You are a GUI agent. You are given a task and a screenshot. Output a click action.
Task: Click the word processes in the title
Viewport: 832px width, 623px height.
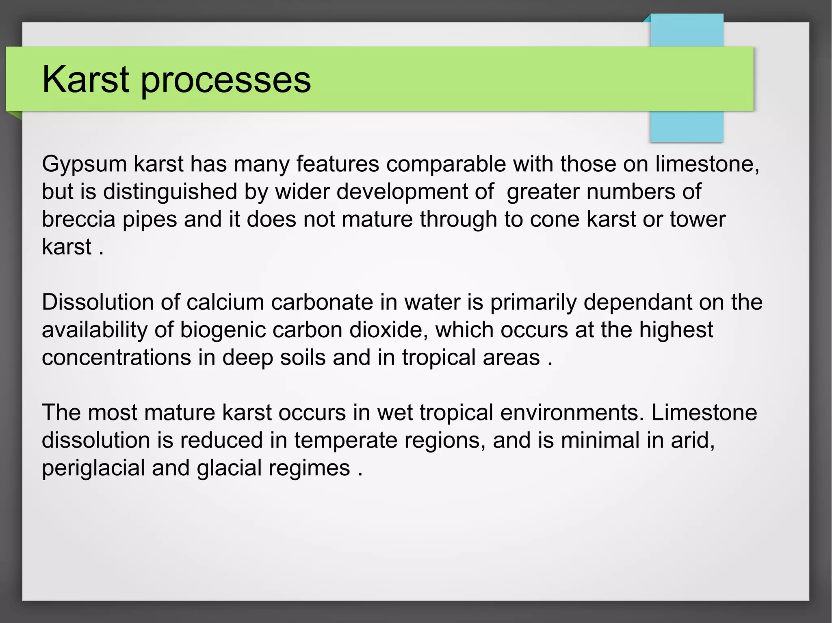click(x=226, y=81)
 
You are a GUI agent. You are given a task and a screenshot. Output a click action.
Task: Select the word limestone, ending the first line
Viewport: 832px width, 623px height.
click(x=707, y=164)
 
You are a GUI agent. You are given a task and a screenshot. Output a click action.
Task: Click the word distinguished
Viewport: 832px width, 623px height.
click(x=170, y=192)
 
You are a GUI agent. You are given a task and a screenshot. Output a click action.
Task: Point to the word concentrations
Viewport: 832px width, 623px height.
click(x=116, y=358)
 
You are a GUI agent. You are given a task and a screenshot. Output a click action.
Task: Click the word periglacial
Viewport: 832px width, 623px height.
click(x=93, y=468)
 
